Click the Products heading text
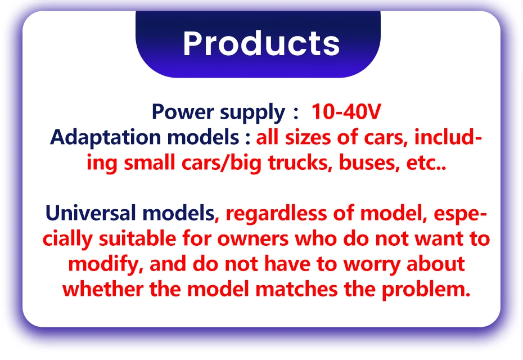261,43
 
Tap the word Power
183,111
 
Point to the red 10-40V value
346,111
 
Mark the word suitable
137,238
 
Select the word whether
103,289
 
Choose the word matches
296,289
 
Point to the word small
150,163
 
